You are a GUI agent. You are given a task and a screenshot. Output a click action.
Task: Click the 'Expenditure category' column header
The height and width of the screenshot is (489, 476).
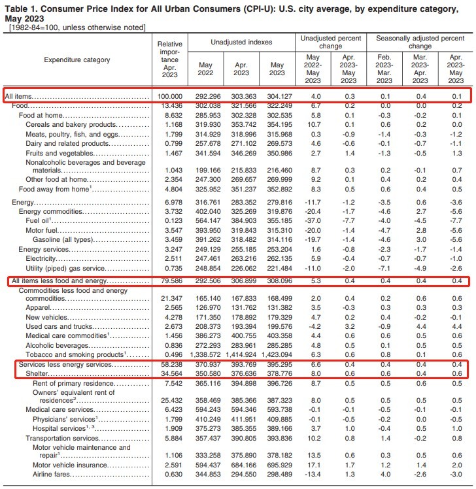tap(76, 59)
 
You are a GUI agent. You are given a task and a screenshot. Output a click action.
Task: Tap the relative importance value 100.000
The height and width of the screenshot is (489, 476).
tap(169, 95)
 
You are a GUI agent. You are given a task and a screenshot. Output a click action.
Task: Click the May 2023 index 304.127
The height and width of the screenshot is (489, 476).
tap(277, 95)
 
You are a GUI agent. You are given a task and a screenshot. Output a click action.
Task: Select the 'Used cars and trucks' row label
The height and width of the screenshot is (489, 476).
tap(56, 326)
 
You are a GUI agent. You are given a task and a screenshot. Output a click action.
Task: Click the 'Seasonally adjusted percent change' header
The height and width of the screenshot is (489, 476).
tap(420, 42)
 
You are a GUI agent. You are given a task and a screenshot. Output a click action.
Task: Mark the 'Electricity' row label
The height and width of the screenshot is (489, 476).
tap(42, 258)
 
